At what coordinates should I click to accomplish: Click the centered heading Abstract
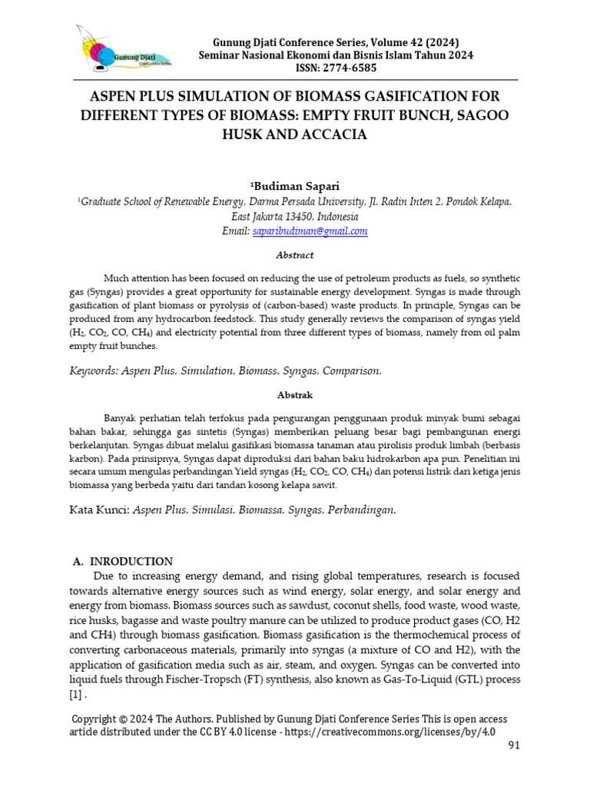pyautogui.click(x=295, y=255)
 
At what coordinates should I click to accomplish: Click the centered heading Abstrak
pyautogui.click(x=295, y=394)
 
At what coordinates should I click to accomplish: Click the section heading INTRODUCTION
pyautogui.click(x=134, y=561)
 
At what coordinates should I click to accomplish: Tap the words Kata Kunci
pyautogui.click(x=98, y=510)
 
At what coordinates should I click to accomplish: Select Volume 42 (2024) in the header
pyautogui.click(x=417, y=41)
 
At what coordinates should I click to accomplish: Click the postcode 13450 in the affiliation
pyautogui.click(x=299, y=216)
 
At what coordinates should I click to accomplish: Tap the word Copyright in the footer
pyautogui.click(x=99, y=719)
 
